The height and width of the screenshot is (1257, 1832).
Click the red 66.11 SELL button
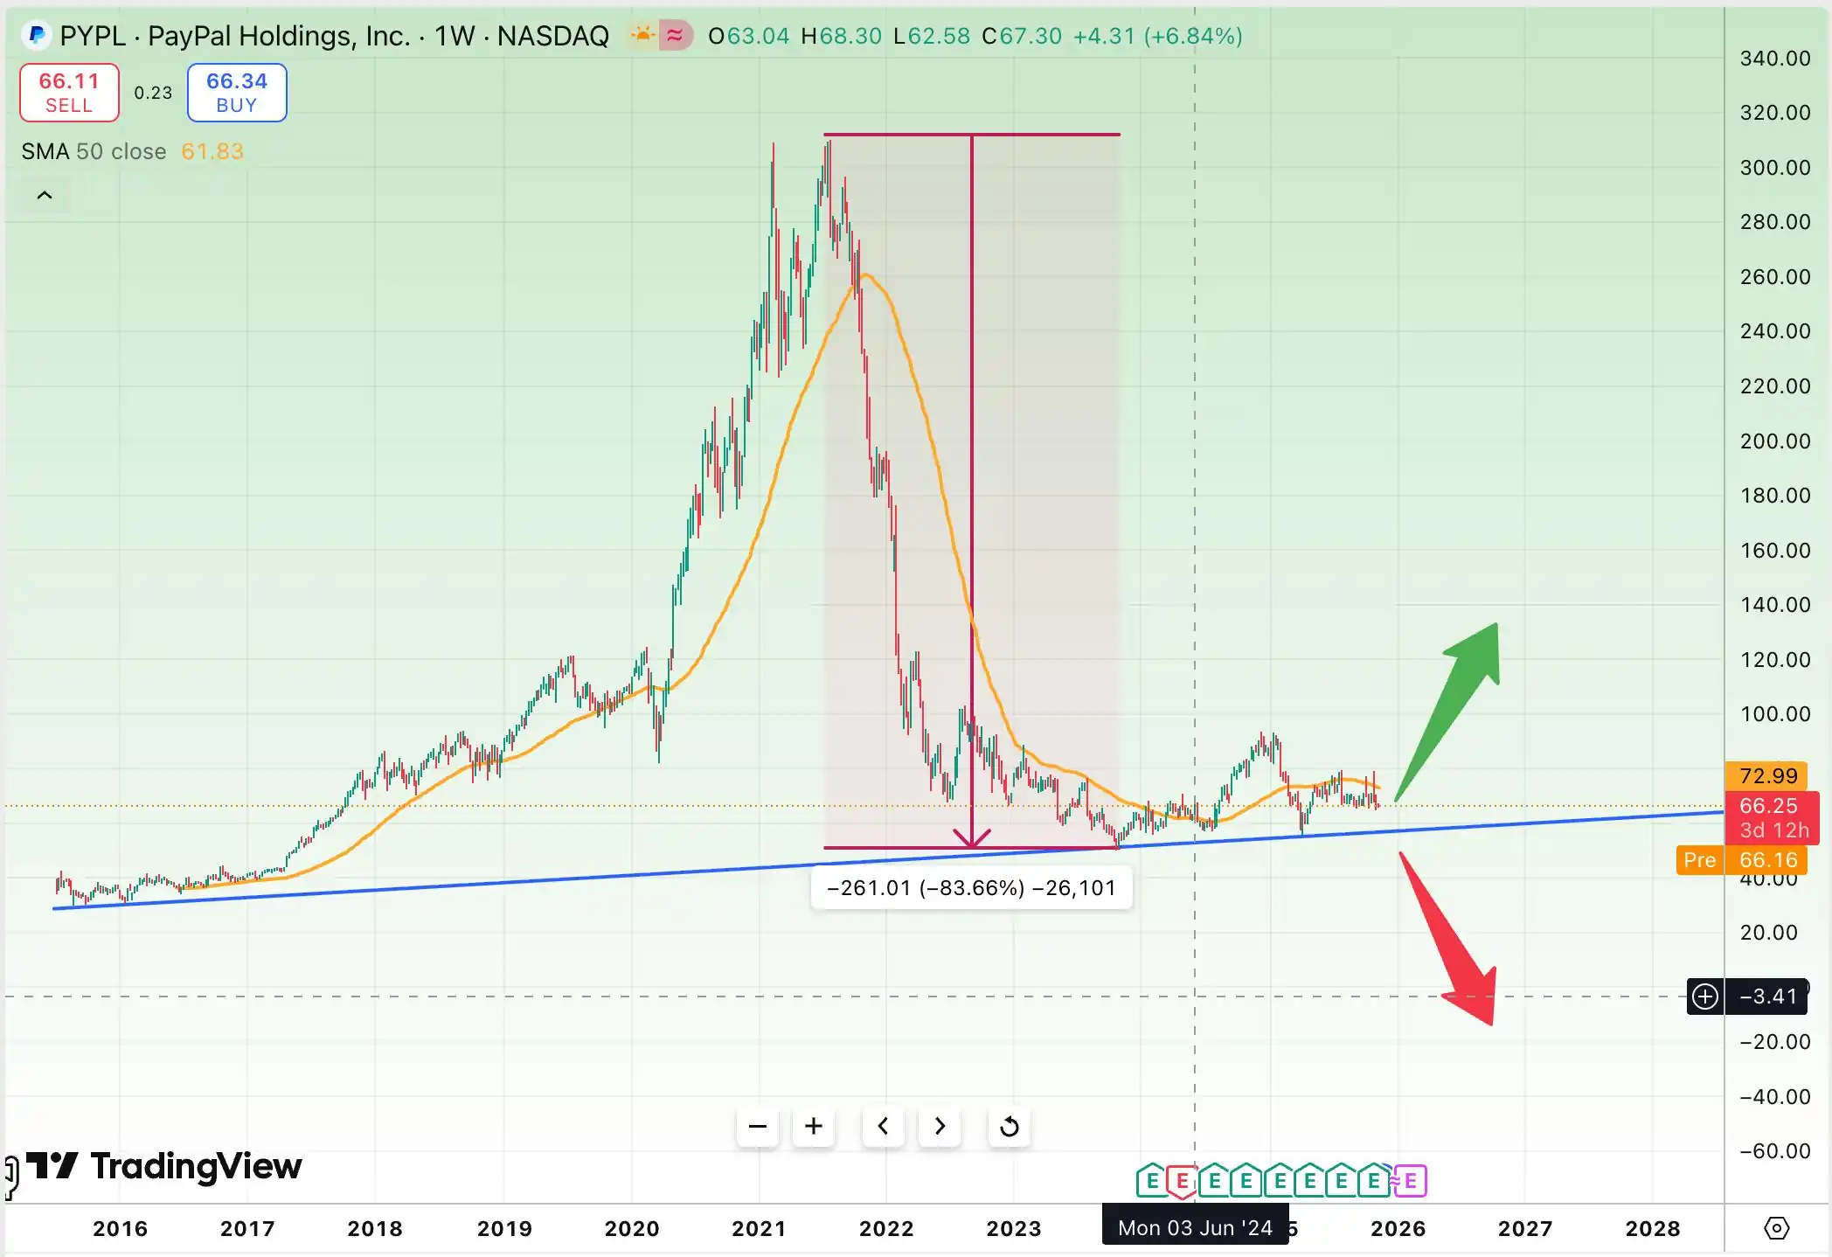(x=69, y=93)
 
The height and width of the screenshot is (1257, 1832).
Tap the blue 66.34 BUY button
(x=237, y=93)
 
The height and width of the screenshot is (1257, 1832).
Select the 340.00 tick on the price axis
(x=1774, y=59)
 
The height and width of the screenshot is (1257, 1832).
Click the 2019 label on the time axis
(x=504, y=1228)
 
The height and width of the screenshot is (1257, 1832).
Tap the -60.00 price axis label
(x=1774, y=1151)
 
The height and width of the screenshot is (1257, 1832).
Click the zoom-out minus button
(x=758, y=1126)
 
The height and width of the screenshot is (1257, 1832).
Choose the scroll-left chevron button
(x=884, y=1126)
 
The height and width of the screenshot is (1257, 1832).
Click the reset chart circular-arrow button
(x=1010, y=1126)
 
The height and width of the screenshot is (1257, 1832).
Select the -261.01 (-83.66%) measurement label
(x=971, y=888)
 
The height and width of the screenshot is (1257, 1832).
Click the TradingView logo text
(x=196, y=1166)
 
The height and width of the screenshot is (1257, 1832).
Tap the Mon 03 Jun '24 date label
(x=1195, y=1228)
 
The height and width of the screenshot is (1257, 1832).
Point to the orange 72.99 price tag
(x=1767, y=775)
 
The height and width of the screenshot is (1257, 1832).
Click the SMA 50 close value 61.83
(x=212, y=151)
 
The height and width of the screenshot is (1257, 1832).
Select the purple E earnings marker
(x=1411, y=1182)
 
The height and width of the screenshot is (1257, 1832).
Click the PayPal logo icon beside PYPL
(x=37, y=36)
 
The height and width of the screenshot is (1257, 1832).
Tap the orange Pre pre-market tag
(x=1699, y=860)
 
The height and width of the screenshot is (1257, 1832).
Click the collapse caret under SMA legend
(x=45, y=195)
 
